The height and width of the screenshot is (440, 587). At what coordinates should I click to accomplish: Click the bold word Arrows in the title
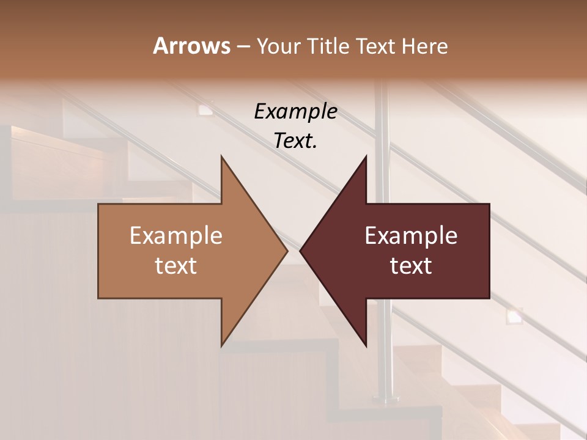(191, 46)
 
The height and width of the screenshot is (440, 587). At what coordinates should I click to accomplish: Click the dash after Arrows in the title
(243, 46)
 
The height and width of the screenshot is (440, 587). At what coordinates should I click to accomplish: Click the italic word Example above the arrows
(295, 112)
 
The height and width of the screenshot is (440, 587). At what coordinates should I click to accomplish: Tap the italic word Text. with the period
(295, 141)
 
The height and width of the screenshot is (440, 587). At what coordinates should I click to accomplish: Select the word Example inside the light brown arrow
(176, 235)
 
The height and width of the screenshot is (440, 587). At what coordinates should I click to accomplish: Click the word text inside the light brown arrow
(176, 265)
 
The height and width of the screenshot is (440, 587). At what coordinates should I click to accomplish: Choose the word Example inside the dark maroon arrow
(411, 235)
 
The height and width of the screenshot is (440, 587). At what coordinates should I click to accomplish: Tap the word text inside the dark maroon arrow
(411, 265)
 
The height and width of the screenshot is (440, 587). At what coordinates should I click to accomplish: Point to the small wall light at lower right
(513, 316)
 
